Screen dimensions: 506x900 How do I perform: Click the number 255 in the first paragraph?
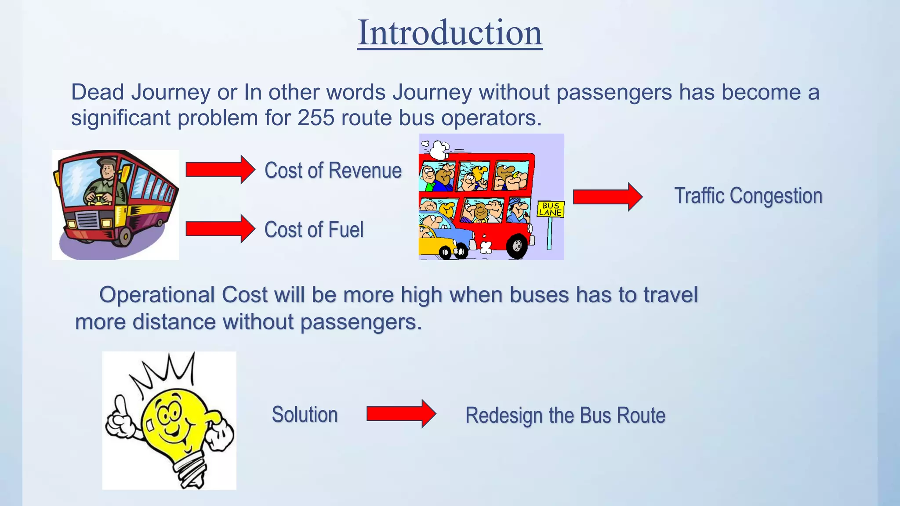[316, 118]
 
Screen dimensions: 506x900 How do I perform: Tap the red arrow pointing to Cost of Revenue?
[220, 170]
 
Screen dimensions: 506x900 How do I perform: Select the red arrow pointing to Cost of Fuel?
[220, 229]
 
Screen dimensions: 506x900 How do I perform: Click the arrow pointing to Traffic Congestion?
[607, 197]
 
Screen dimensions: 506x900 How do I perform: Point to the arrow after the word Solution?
[401, 414]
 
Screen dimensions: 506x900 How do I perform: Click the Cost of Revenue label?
[333, 170]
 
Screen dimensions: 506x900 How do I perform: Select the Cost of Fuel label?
[314, 230]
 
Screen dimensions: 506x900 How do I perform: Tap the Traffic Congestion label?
[748, 196]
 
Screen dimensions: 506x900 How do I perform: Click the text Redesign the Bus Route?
[565, 416]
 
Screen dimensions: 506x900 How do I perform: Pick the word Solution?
[305, 415]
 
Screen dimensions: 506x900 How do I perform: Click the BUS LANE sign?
[550, 209]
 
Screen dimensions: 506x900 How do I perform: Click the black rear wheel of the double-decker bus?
[517, 246]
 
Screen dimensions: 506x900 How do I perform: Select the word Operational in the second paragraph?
[156, 295]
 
